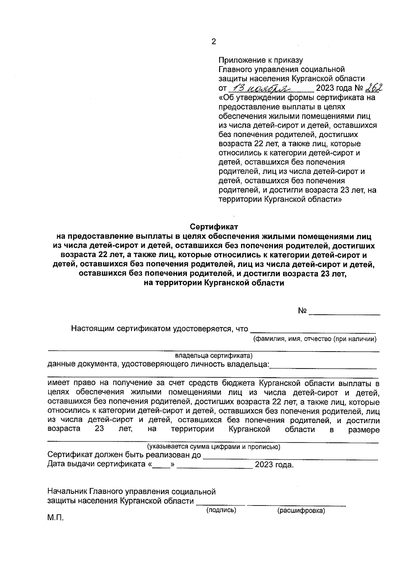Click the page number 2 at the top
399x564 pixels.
click(213, 42)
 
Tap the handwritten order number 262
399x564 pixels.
click(374, 87)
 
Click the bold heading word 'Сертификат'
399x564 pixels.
click(214, 227)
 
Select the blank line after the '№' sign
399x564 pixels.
click(344, 312)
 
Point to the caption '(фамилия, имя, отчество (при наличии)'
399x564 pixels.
click(315, 339)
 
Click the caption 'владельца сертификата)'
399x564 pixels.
click(214, 355)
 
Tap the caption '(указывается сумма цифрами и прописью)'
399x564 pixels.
click(214, 447)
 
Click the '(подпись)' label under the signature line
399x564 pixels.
click(221, 510)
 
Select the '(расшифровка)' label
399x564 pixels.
click(301, 510)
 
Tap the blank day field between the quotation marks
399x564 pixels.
click(163, 465)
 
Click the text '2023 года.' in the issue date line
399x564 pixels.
click(274, 465)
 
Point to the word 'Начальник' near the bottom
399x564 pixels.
click(68, 492)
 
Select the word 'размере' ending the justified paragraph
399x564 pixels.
click(364, 429)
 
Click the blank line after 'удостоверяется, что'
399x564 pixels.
click(313, 330)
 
